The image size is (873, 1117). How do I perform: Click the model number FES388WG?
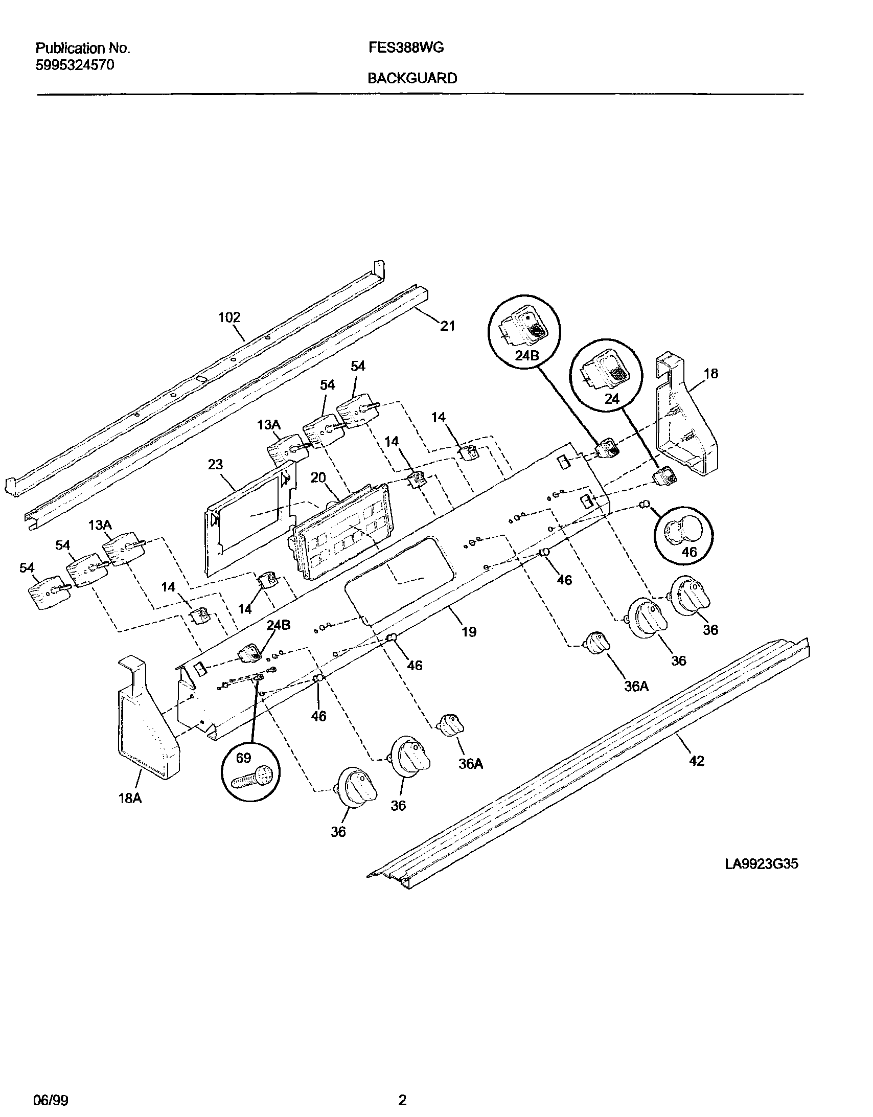point(405,48)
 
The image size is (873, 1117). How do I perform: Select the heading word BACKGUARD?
point(412,78)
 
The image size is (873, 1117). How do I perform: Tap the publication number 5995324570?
point(75,65)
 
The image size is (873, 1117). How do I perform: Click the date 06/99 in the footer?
point(51,1100)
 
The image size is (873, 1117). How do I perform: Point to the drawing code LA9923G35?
point(761,864)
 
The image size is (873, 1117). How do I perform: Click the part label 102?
point(229,317)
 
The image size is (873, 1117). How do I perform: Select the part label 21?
point(448,326)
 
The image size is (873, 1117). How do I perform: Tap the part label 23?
point(215,464)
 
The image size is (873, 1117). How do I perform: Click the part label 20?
point(318,477)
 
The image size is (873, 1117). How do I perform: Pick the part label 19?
point(469,632)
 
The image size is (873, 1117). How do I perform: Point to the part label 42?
point(697,776)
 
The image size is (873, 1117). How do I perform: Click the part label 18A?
point(130,798)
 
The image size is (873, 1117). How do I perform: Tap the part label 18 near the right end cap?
point(711,373)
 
